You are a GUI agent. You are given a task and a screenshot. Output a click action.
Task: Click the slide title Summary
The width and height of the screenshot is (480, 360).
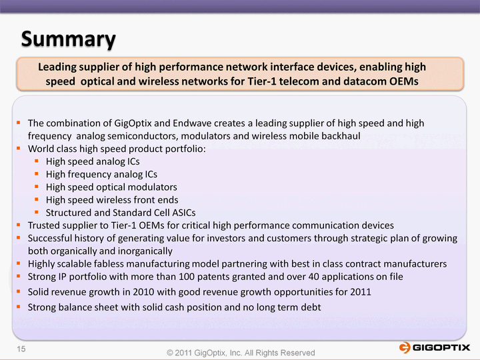click(68, 39)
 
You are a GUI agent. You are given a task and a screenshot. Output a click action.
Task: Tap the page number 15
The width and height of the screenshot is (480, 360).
click(21, 349)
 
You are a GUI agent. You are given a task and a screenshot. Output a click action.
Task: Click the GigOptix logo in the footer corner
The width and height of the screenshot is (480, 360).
click(434, 347)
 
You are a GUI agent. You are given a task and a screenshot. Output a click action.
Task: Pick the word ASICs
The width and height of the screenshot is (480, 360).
click(184, 213)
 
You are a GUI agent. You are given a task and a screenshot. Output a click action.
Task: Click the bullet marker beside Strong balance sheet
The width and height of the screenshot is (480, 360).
click(19, 307)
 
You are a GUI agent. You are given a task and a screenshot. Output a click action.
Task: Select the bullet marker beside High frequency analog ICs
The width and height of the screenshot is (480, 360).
click(37, 174)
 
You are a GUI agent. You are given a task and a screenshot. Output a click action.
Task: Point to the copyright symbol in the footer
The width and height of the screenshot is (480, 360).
click(170, 353)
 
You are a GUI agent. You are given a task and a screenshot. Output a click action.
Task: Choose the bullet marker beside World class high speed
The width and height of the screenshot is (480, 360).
click(19, 149)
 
